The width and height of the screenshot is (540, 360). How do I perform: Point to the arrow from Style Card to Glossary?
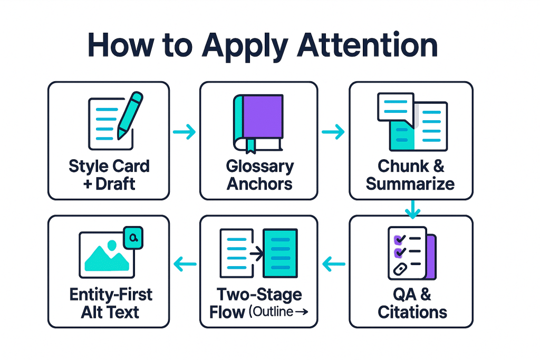pos(184,131)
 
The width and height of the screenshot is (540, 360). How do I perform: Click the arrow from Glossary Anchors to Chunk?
pos(333,131)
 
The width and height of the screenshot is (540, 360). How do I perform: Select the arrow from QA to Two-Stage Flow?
pos(333,262)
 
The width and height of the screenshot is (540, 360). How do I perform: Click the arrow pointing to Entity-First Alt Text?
pos(185,262)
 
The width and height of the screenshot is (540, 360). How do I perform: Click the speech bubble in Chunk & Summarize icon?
pos(395,107)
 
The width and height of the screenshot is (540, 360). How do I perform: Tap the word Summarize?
pos(410,184)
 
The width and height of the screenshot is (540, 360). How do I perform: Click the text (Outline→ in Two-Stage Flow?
pos(278,312)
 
